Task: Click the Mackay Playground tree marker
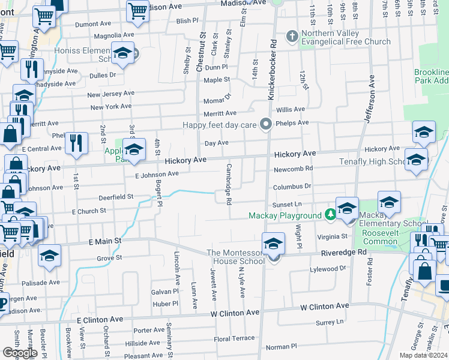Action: coord(330,215)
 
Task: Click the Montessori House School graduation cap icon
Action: coord(273,244)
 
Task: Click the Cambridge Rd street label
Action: coord(229,184)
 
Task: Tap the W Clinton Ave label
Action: coord(235,313)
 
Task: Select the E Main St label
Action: coord(105,241)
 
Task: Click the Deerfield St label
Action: coord(115,197)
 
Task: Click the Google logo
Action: coord(20,353)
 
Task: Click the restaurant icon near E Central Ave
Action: coord(76,143)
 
